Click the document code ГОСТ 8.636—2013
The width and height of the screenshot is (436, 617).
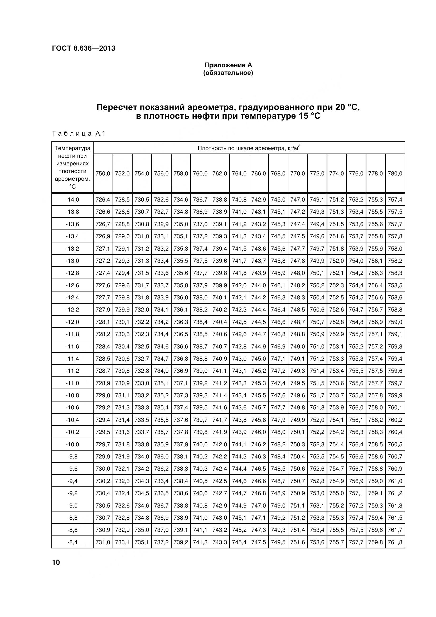(84, 48)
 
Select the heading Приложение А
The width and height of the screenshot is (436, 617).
(228, 65)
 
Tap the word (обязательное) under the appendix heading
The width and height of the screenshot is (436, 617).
(228, 73)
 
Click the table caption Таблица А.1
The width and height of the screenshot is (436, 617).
(78, 133)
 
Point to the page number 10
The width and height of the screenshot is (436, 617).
(56, 562)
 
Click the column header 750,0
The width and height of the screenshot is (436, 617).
(103, 174)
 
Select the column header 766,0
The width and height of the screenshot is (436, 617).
(259, 174)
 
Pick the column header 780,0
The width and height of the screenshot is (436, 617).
(395, 174)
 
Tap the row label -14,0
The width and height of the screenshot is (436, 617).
(72, 200)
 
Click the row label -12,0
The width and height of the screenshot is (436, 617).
(72, 322)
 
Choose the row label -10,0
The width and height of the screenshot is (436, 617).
(72, 444)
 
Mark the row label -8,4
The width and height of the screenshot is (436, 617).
(72, 542)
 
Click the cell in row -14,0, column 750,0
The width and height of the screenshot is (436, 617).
(103, 200)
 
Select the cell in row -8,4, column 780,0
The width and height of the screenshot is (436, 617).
(395, 542)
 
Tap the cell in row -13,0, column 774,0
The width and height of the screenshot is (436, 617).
(336, 261)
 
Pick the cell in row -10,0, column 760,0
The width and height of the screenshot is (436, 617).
(200, 444)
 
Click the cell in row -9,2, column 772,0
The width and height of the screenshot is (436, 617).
(317, 493)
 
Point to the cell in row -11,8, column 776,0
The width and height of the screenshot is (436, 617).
(356, 334)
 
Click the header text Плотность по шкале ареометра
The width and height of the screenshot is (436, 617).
(249, 148)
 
